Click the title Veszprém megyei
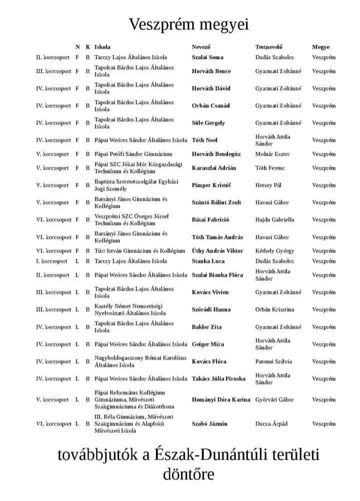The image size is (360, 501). click(188, 24)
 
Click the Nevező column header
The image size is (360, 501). click(201, 47)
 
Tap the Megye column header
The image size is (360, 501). click(321, 47)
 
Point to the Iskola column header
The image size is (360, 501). click(102, 47)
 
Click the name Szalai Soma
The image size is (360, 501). click(207, 57)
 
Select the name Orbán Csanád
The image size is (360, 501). click(211, 105)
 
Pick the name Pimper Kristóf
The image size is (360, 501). click(211, 185)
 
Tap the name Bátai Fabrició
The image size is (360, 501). click(210, 219)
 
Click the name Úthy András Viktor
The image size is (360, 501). click(217, 250)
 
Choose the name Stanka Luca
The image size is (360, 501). click(208, 261)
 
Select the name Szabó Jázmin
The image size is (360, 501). click(209, 423)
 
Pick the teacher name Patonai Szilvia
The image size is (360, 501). click(273, 361)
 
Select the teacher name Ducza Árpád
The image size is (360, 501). click(271, 423)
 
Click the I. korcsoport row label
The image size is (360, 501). click(51, 261)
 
